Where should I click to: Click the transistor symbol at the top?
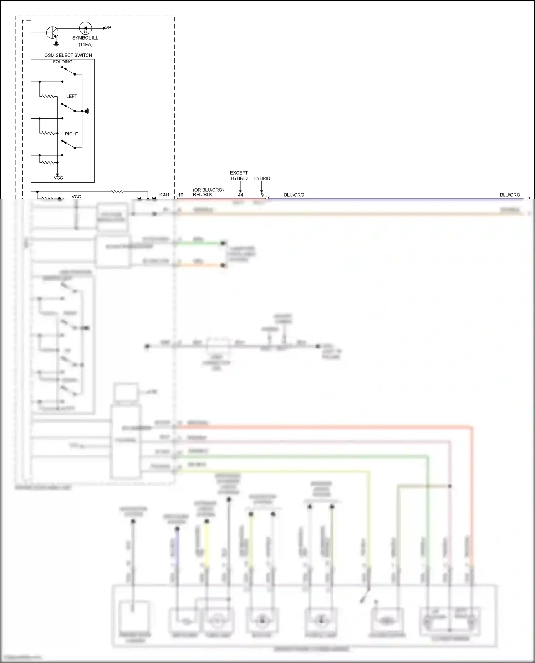[x=52, y=33]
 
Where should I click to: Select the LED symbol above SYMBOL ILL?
[x=85, y=28]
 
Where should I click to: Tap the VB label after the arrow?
[x=108, y=28]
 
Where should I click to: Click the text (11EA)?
[x=85, y=45]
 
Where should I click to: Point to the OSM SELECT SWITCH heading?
[x=68, y=55]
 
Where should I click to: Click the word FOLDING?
[x=62, y=62]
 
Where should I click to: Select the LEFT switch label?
[x=71, y=96]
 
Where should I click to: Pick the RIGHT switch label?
[x=71, y=134]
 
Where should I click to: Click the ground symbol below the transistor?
[x=56, y=44]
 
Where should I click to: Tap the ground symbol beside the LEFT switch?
[x=88, y=111]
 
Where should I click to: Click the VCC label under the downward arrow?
[x=58, y=178]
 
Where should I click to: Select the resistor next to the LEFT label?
[x=48, y=96]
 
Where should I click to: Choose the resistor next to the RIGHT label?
[x=48, y=133]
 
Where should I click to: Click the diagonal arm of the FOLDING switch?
[x=68, y=71]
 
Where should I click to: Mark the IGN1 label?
[x=164, y=195]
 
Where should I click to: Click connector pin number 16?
[x=180, y=195]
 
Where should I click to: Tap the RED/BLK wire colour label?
[x=202, y=195]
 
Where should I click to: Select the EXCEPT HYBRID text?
[x=239, y=175]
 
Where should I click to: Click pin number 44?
[x=240, y=195]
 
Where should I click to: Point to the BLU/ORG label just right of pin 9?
[x=294, y=195]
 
